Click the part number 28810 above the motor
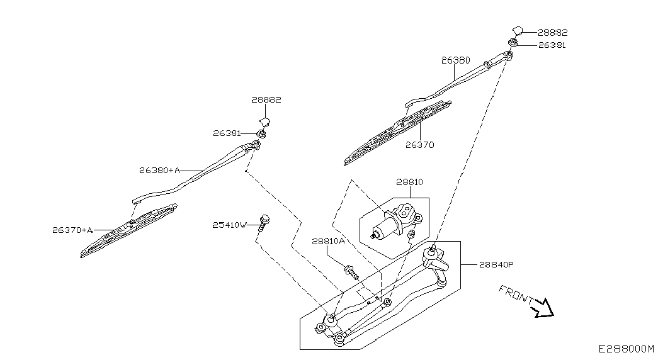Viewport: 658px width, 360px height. click(409, 182)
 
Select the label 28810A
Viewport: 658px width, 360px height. click(328, 241)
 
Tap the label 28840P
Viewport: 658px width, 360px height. click(496, 265)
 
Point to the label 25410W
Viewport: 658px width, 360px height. click(230, 225)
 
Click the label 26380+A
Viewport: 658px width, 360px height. click(159, 171)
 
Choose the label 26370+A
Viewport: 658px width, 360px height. click(72, 230)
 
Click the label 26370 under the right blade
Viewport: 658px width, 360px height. click(419, 145)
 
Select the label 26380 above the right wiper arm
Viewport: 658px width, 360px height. click(456, 60)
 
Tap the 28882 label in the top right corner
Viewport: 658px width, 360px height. click(553, 32)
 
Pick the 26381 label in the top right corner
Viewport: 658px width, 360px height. click(552, 45)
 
